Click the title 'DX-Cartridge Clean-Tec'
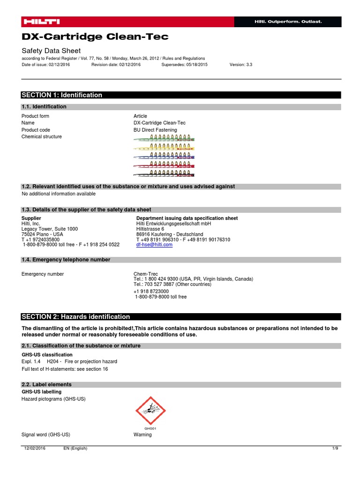(95, 37)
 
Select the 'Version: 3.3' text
(241, 65)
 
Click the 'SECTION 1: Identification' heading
(62, 95)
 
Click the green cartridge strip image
(165, 138)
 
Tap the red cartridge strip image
(165, 165)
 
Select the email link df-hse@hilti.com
(154, 245)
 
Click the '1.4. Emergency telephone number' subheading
(66, 260)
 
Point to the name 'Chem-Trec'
(146, 274)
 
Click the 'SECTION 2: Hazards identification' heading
(76, 317)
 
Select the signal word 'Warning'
(142, 435)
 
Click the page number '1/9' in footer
(335, 449)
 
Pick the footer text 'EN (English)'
(75, 449)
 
